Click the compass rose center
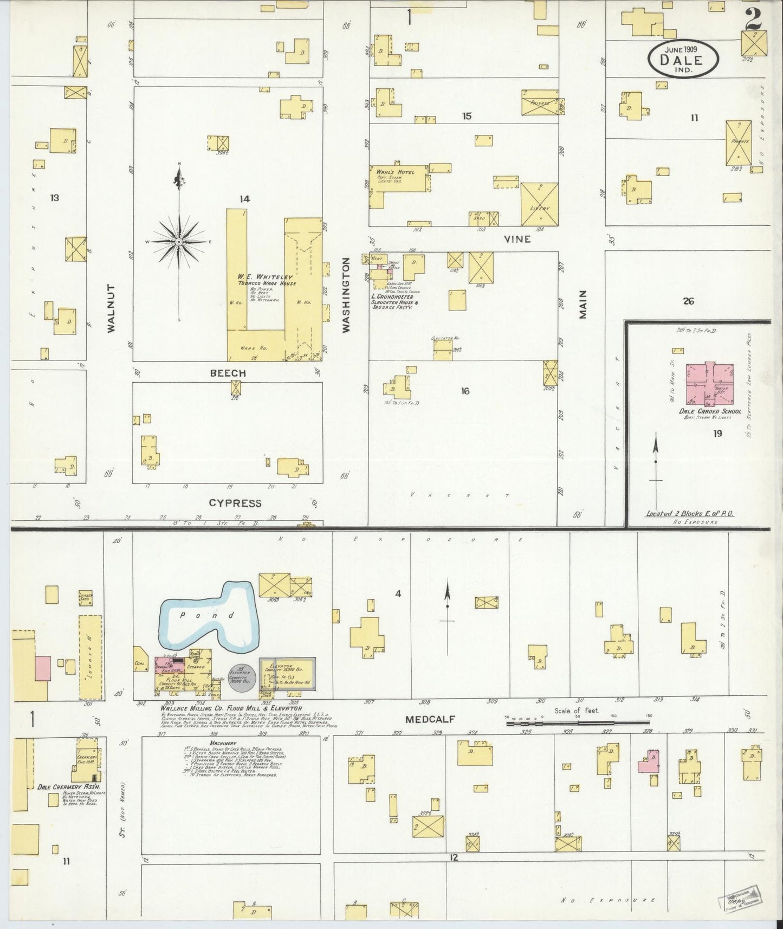pos(178,241)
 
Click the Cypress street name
pos(235,503)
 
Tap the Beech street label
pos(228,373)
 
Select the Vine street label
pos(517,239)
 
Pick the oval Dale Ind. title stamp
pos(683,59)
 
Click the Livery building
pos(540,204)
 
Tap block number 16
pos(465,391)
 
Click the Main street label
pos(583,304)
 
